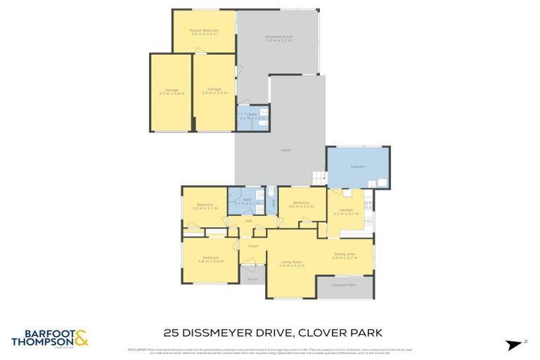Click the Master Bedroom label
(205, 31)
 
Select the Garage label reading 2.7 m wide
(172, 91)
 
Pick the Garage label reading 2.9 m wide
(214, 91)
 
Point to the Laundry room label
(357, 167)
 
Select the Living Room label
(290, 263)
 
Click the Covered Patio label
(345, 285)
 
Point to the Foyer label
(253, 246)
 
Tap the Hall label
(249, 221)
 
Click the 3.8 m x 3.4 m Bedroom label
(211, 259)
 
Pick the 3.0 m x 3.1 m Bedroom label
(205, 207)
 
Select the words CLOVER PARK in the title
(337, 333)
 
